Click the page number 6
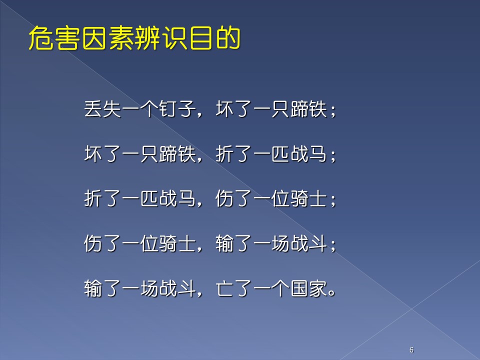coord(411,349)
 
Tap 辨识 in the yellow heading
coord(160,38)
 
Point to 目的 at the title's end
coord(214,38)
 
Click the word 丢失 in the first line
coord(102,108)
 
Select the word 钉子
coord(177,108)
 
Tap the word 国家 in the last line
coord(309,288)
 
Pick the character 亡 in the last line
coord(224,288)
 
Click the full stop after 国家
coord(331,293)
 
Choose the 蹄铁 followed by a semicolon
coord(309,108)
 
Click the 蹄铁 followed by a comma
coord(177,153)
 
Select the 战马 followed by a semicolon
coord(309,153)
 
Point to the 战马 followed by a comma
coord(177,198)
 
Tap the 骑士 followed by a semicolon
coord(309,198)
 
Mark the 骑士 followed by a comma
coord(177,243)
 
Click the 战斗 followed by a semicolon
coord(309,243)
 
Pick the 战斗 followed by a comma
coord(177,288)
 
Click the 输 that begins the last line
coord(93,288)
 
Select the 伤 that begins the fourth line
coord(93,243)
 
